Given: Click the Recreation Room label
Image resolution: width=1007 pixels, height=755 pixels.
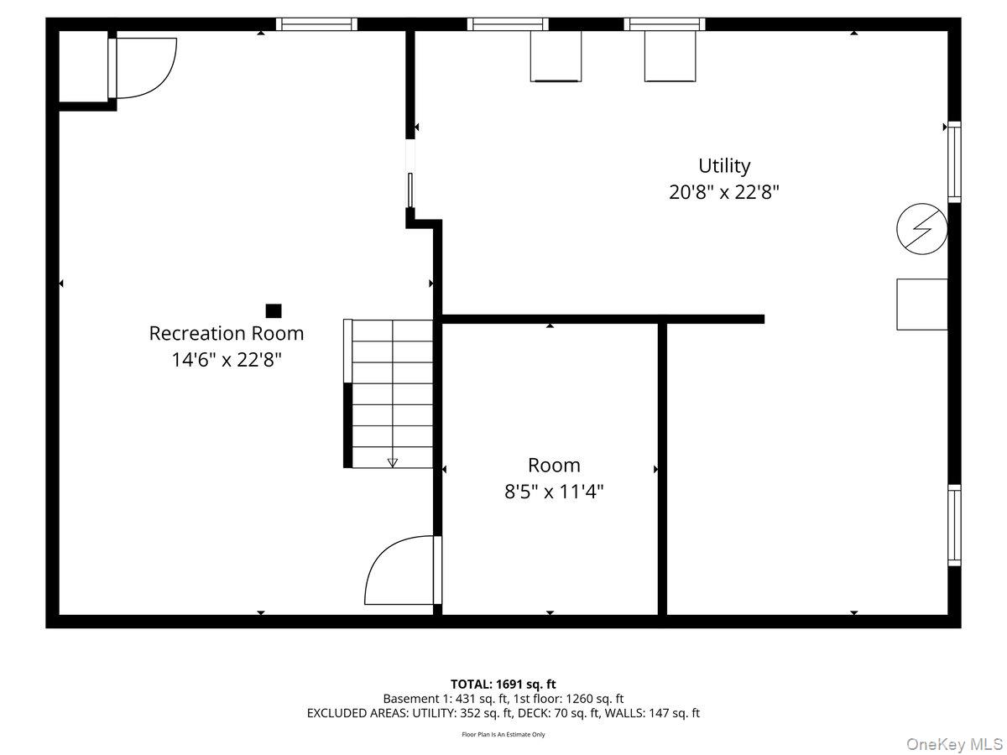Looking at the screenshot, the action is pos(227,333).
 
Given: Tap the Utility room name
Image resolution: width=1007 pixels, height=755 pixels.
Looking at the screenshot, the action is pos(724,166).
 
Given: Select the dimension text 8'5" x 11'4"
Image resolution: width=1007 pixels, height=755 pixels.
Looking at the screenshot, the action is pos(554,492).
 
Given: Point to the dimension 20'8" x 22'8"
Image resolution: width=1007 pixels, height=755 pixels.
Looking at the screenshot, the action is pos(724,192).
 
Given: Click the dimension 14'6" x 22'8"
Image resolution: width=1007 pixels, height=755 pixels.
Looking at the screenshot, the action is pos(227,359).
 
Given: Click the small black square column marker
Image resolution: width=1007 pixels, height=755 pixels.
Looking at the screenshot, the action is pos(274,310).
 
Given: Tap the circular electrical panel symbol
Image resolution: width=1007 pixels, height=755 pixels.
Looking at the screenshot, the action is pos(921,229).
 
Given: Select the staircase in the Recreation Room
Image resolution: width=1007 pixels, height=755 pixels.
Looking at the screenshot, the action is pos(389,393).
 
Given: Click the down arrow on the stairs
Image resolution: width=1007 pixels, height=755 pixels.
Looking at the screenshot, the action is pos(392,462).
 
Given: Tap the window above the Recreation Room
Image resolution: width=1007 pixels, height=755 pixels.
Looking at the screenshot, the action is pos(316,23).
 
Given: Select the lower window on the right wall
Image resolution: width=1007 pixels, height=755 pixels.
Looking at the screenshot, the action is pos(954,525).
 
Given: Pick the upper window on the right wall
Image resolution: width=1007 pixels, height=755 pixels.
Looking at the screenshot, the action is pos(954,162).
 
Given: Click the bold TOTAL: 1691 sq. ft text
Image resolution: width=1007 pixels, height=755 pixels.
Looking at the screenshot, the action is pos(503,685).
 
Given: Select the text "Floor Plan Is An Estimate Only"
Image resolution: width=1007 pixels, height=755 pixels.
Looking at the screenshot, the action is pos(503,734).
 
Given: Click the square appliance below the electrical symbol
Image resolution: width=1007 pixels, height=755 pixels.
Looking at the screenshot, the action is pos(922,305).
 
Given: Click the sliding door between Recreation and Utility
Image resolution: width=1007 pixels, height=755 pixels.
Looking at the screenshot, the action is pos(410,190).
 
